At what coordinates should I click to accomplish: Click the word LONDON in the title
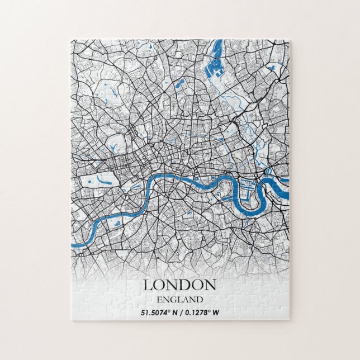coord(179,285)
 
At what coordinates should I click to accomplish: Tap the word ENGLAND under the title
coord(179,300)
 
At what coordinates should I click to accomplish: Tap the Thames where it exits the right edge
coord(286,180)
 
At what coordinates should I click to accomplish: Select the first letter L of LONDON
coord(148,285)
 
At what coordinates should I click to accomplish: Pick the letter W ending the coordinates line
coord(216,312)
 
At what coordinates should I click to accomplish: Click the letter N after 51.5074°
coord(173,312)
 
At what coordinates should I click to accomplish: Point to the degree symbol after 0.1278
coord(208,310)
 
